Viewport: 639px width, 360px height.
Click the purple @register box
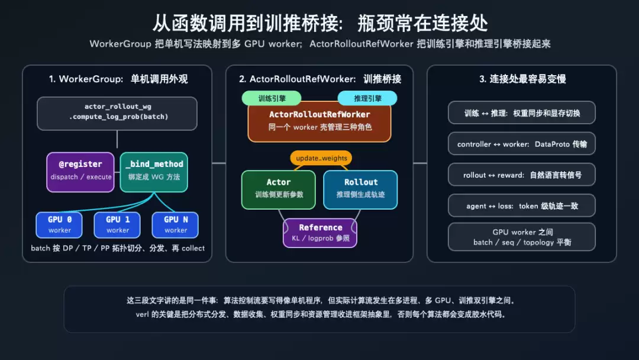point(80,172)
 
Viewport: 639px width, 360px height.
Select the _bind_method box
point(154,172)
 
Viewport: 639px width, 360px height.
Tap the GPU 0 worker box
point(59,224)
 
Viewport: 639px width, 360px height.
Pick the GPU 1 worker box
point(117,224)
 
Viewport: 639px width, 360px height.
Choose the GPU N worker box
point(175,224)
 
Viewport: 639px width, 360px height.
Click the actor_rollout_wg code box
point(117,113)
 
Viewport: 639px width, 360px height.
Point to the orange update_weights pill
point(321,158)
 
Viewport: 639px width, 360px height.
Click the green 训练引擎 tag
point(272,98)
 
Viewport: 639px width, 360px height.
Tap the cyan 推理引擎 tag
point(367,98)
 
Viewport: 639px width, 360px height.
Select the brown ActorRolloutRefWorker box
point(319,121)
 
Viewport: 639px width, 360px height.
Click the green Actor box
point(279,189)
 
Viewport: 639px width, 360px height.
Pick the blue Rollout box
point(361,189)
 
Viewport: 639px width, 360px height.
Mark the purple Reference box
point(320,233)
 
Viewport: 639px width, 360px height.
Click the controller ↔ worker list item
point(522,144)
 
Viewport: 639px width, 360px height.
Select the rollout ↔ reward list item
point(522,175)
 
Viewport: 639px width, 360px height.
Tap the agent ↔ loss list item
point(522,206)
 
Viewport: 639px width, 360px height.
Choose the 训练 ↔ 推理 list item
point(522,113)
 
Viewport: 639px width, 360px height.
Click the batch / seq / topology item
point(522,237)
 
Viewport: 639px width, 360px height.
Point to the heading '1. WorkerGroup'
point(86,79)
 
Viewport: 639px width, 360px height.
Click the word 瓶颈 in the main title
point(376,23)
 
